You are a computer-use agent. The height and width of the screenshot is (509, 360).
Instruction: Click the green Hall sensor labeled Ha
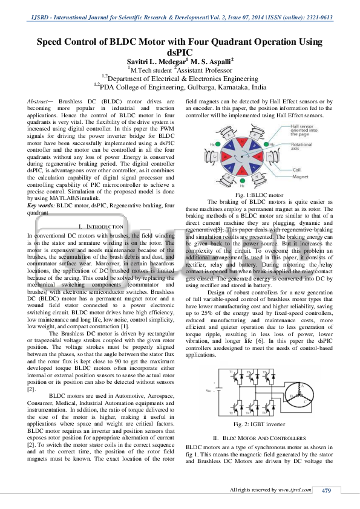tap(213, 145)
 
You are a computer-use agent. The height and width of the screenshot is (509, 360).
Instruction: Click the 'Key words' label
tap(42, 206)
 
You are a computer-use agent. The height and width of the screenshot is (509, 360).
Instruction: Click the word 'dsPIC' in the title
tap(180, 53)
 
